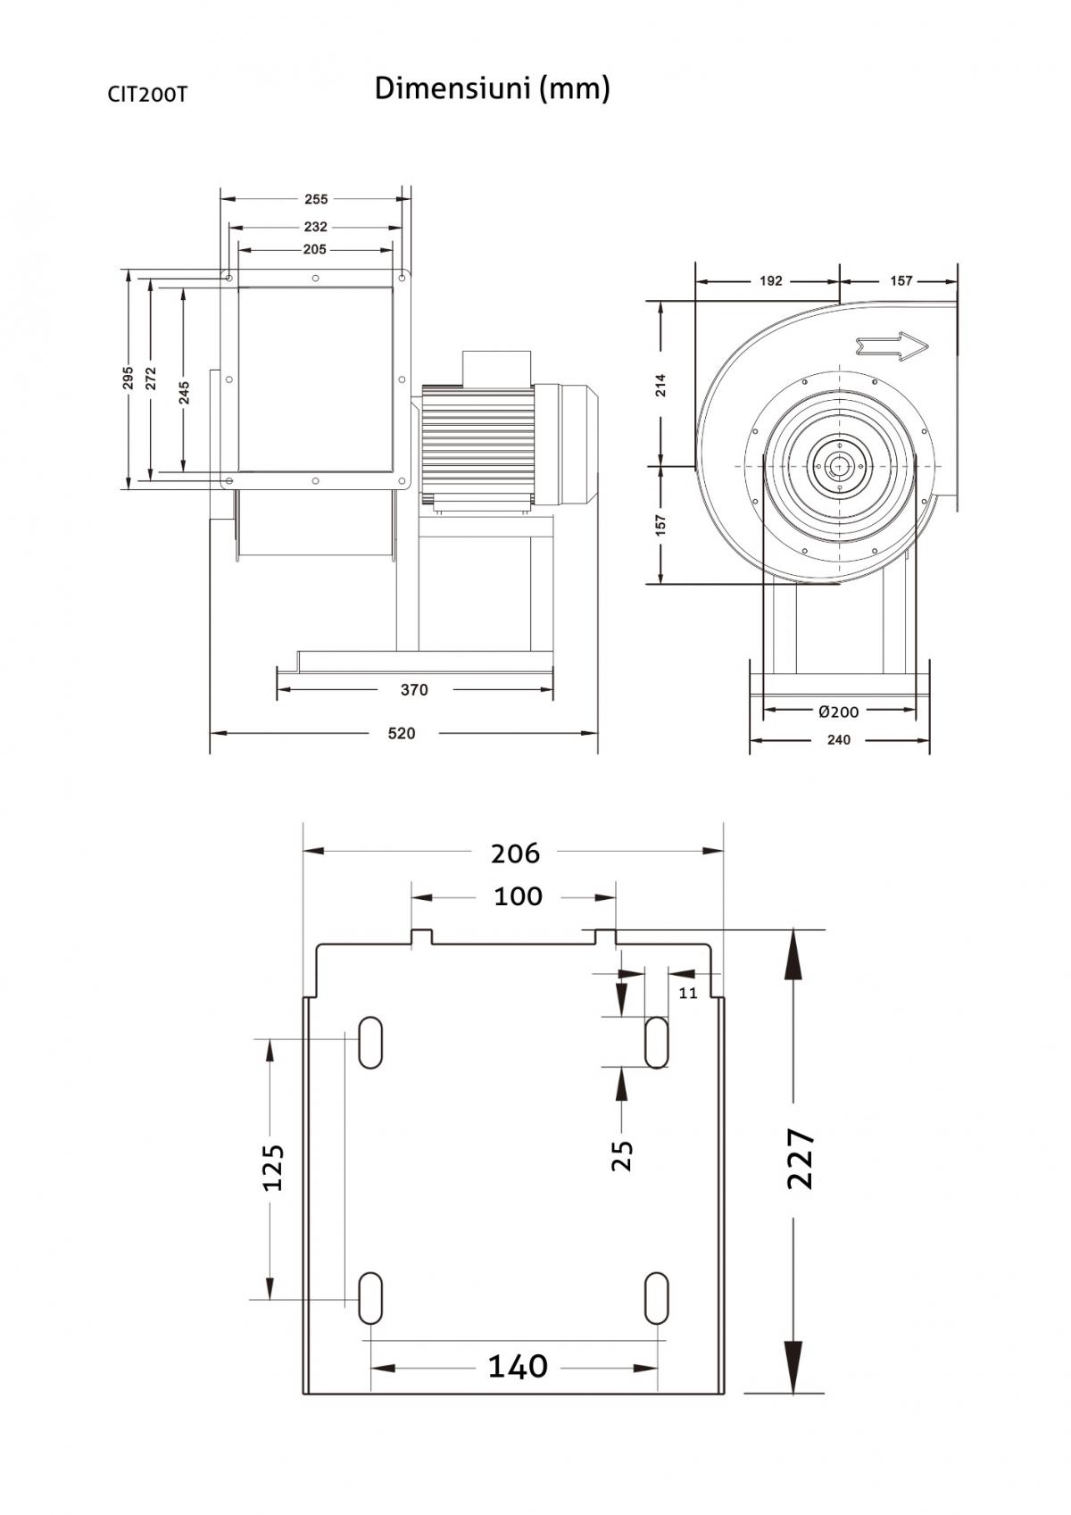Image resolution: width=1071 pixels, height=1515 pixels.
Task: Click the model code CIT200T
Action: tap(147, 94)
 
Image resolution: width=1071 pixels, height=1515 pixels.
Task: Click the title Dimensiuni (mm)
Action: tap(492, 88)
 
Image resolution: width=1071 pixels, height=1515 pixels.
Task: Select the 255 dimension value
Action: tap(316, 199)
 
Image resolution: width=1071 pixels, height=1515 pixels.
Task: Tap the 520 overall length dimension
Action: tap(402, 733)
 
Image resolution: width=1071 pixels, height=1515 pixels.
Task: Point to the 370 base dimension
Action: tap(414, 689)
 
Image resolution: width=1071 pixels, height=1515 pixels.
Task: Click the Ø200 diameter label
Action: tap(839, 712)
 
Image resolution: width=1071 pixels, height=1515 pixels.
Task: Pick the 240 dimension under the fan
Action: tap(839, 739)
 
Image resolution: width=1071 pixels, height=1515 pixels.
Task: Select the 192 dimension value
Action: tap(771, 280)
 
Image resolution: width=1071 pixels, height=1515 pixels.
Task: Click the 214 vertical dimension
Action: tap(660, 385)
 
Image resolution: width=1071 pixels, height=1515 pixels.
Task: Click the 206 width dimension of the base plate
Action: tap(515, 853)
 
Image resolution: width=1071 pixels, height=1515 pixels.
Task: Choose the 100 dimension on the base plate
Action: tap(518, 895)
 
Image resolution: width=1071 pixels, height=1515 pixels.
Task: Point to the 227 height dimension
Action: tap(801, 1159)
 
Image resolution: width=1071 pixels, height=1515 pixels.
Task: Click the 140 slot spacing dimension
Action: tap(518, 1365)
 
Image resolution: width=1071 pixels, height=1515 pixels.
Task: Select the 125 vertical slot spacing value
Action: tap(272, 1167)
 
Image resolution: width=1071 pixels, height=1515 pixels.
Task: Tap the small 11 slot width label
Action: tap(688, 992)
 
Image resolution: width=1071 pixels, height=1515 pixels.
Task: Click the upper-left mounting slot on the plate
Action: tap(370, 1042)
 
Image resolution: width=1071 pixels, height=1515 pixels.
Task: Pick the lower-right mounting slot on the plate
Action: tap(656, 1298)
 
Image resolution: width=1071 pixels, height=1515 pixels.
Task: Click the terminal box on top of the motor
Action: tap(496, 367)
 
